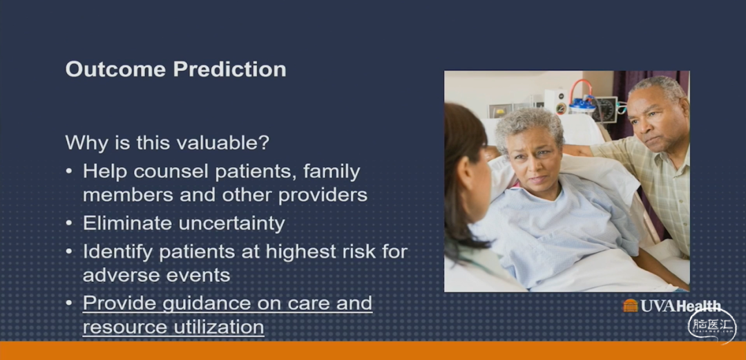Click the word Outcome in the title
tap(115, 69)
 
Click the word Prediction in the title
tap(229, 69)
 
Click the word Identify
tap(118, 252)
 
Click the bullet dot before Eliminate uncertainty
tap(70, 223)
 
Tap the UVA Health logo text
tap(680, 305)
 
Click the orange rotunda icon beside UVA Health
tap(630, 305)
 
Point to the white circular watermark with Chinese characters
tap(712, 326)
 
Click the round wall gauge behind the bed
tap(604, 110)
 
